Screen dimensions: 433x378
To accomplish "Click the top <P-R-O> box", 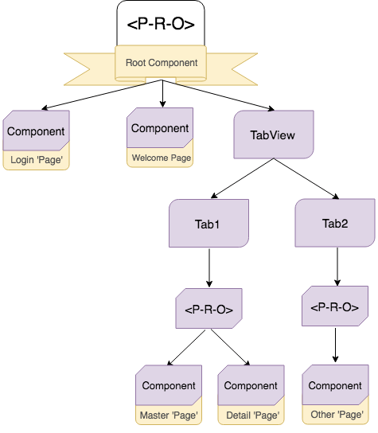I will [162, 24].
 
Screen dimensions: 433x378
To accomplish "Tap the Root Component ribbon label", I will [162, 62].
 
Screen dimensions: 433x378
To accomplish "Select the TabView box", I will [272, 135].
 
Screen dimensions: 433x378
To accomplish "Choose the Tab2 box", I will [334, 224].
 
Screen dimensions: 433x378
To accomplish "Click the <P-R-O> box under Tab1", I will [208, 309].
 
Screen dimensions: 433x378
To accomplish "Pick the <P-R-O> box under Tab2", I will [334, 307].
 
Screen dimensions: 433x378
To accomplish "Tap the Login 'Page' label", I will [37, 161].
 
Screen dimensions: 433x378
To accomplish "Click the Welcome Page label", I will [162, 158].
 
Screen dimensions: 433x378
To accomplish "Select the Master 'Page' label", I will [168, 415].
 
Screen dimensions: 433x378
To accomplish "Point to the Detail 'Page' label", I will [251, 415].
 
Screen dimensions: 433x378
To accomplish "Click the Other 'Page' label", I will [335, 415].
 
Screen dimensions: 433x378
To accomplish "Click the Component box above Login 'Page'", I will [36, 131].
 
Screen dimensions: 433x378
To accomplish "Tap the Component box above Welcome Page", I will [160, 128].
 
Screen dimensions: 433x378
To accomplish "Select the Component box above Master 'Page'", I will [168, 386].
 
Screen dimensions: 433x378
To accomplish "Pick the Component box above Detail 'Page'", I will [251, 386].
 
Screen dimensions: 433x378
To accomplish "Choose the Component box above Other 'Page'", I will [335, 386].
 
